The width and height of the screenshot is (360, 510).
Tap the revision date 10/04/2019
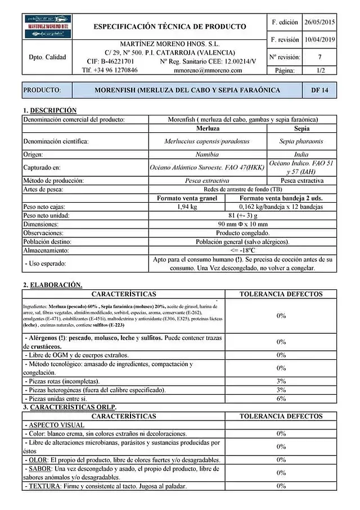coord(319,40)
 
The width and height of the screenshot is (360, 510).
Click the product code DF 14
coord(319,90)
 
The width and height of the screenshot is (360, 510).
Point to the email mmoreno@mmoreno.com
coord(208,70)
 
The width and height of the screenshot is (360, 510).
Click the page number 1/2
coord(319,70)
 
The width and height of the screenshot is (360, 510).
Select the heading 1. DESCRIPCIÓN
coord(49,110)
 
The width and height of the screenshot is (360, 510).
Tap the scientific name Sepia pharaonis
coord(301,142)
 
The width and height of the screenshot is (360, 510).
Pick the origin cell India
coord(301,154)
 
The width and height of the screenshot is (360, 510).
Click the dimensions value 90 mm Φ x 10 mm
coord(243,224)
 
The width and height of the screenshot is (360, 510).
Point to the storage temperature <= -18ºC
coord(243,250)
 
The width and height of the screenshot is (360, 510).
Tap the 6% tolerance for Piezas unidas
coord(281,399)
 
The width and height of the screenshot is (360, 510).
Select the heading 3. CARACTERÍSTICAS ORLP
coord(69,406)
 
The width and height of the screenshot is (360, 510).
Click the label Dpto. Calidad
coord(47,57)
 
